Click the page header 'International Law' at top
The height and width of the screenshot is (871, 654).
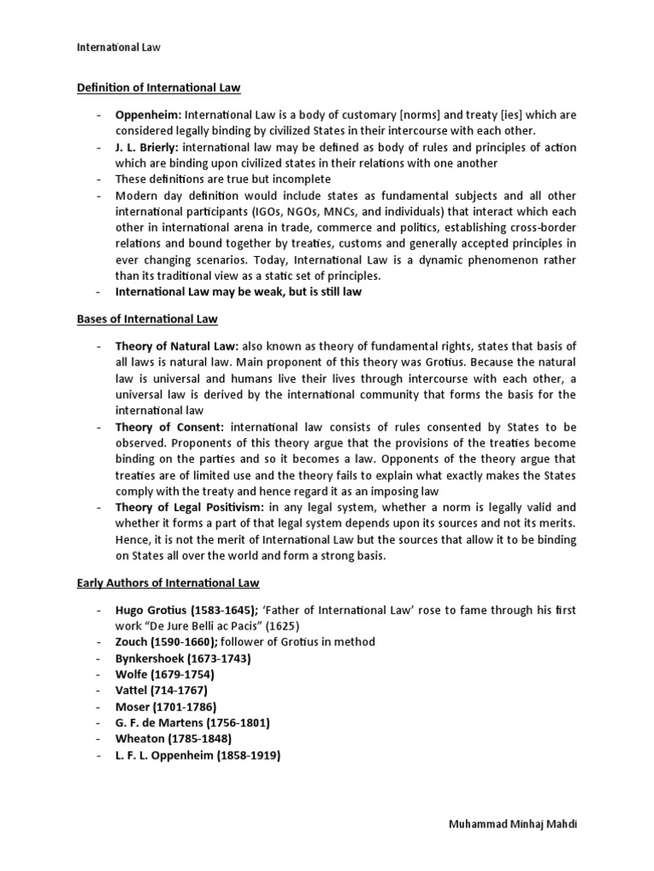[x=113, y=48]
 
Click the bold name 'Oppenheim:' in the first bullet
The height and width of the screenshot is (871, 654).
[x=149, y=115]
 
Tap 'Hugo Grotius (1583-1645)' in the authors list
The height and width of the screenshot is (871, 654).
[x=188, y=610]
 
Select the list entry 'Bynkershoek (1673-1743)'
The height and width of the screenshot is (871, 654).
[x=183, y=658]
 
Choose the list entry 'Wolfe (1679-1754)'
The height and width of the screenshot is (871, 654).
[x=165, y=675]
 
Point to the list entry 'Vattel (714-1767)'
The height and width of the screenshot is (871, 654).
[x=162, y=691]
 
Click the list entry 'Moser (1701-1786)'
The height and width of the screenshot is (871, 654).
[x=166, y=707]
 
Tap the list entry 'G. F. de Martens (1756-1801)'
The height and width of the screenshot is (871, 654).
[x=193, y=723]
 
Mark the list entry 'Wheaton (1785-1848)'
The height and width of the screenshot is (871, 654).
[x=174, y=739]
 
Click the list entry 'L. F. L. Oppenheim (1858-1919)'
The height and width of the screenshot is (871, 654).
[x=198, y=755]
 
